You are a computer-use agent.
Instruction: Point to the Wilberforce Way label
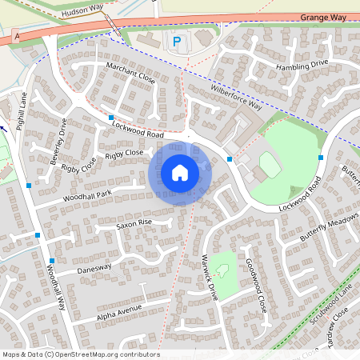[x=236, y=94]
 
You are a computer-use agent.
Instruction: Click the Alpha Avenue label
[x=119, y=309]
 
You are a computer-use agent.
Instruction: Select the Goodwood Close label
[x=255, y=285]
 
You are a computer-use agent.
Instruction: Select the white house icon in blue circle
[x=180, y=173]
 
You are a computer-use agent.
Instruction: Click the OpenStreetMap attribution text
[x=80, y=354]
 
